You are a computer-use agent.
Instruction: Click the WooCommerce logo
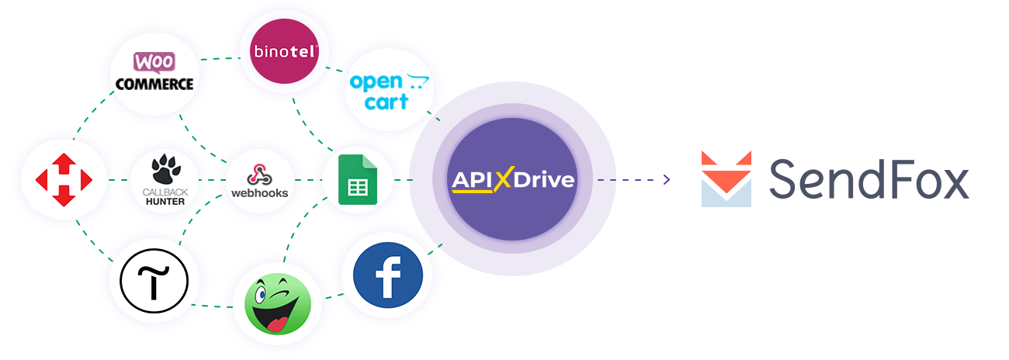point(154,72)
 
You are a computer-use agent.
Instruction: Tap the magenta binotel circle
point(284,51)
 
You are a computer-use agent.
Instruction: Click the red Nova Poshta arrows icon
point(64,179)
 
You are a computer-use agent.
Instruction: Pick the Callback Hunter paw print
point(166,169)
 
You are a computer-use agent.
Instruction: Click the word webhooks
point(259,193)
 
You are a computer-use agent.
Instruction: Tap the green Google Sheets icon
point(358,179)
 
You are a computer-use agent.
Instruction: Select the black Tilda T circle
point(154,281)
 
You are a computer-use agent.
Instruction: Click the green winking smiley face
point(278,304)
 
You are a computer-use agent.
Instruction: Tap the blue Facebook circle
point(388,275)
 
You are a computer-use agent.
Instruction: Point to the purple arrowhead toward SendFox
point(667,179)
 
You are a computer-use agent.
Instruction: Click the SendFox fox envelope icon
point(726,178)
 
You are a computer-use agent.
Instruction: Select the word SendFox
point(869,179)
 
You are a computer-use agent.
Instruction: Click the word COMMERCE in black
point(154,84)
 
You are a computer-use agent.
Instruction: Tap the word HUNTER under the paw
point(165,202)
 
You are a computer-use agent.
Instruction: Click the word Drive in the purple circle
point(543,180)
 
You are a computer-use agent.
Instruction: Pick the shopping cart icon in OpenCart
point(418,81)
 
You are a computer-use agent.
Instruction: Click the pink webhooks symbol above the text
point(259,175)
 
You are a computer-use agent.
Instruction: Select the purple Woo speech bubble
point(154,63)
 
